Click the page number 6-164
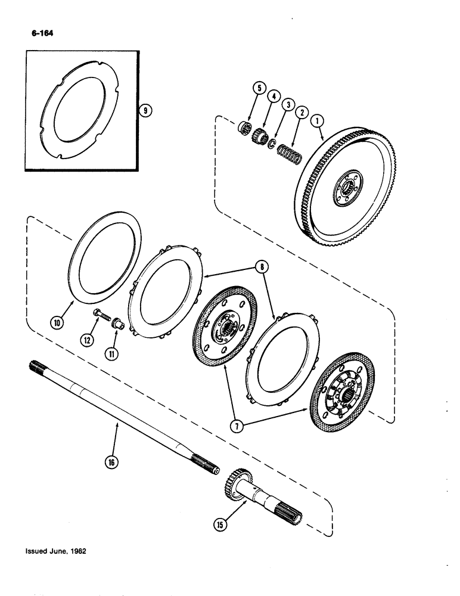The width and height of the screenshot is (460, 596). [x=39, y=33]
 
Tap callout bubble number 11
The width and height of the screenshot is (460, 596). [x=111, y=353]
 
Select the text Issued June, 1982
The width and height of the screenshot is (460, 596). [x=55, y=551]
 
